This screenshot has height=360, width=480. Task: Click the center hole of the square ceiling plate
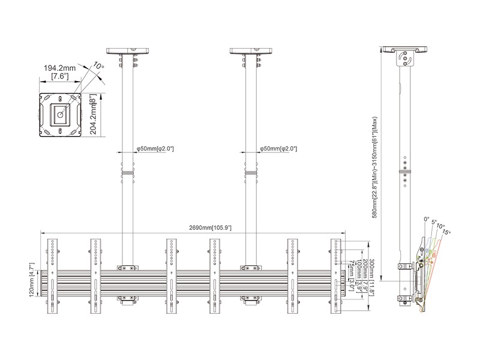59,113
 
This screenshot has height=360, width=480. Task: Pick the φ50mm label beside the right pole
278,148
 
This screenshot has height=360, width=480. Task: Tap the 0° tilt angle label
427,220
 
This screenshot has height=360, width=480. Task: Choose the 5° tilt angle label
434,222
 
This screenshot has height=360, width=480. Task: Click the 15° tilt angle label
446,232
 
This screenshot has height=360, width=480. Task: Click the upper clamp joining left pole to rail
127,268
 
